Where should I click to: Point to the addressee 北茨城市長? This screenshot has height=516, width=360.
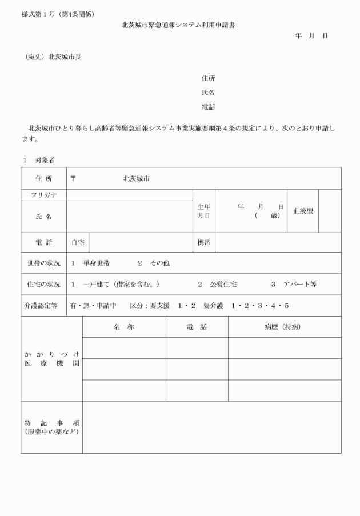tap(65, 57)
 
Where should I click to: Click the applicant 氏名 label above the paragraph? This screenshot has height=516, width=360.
tap(208, 93)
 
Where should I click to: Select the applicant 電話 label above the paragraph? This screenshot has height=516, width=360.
tap(208, 107)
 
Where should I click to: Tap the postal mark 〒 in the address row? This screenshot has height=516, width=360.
tap(73, 178)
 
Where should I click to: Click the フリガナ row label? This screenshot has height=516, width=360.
tap(43, 195)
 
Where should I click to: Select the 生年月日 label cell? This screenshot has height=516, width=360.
tap(204, 211)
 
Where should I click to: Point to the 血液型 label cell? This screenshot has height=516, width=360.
tap(302, 211)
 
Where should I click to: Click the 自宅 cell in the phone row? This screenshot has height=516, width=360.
tap(78, 242)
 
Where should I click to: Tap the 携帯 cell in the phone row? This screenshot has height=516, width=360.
tap(204, 242)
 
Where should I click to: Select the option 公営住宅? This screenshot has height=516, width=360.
tap(225, 284)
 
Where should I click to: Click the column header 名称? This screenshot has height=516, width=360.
tap(123, 327)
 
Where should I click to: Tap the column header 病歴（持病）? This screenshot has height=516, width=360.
tap(285, 327)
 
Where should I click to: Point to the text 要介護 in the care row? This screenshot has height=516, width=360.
tap(214, 306)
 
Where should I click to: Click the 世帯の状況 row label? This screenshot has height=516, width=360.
tap(43, 263)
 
